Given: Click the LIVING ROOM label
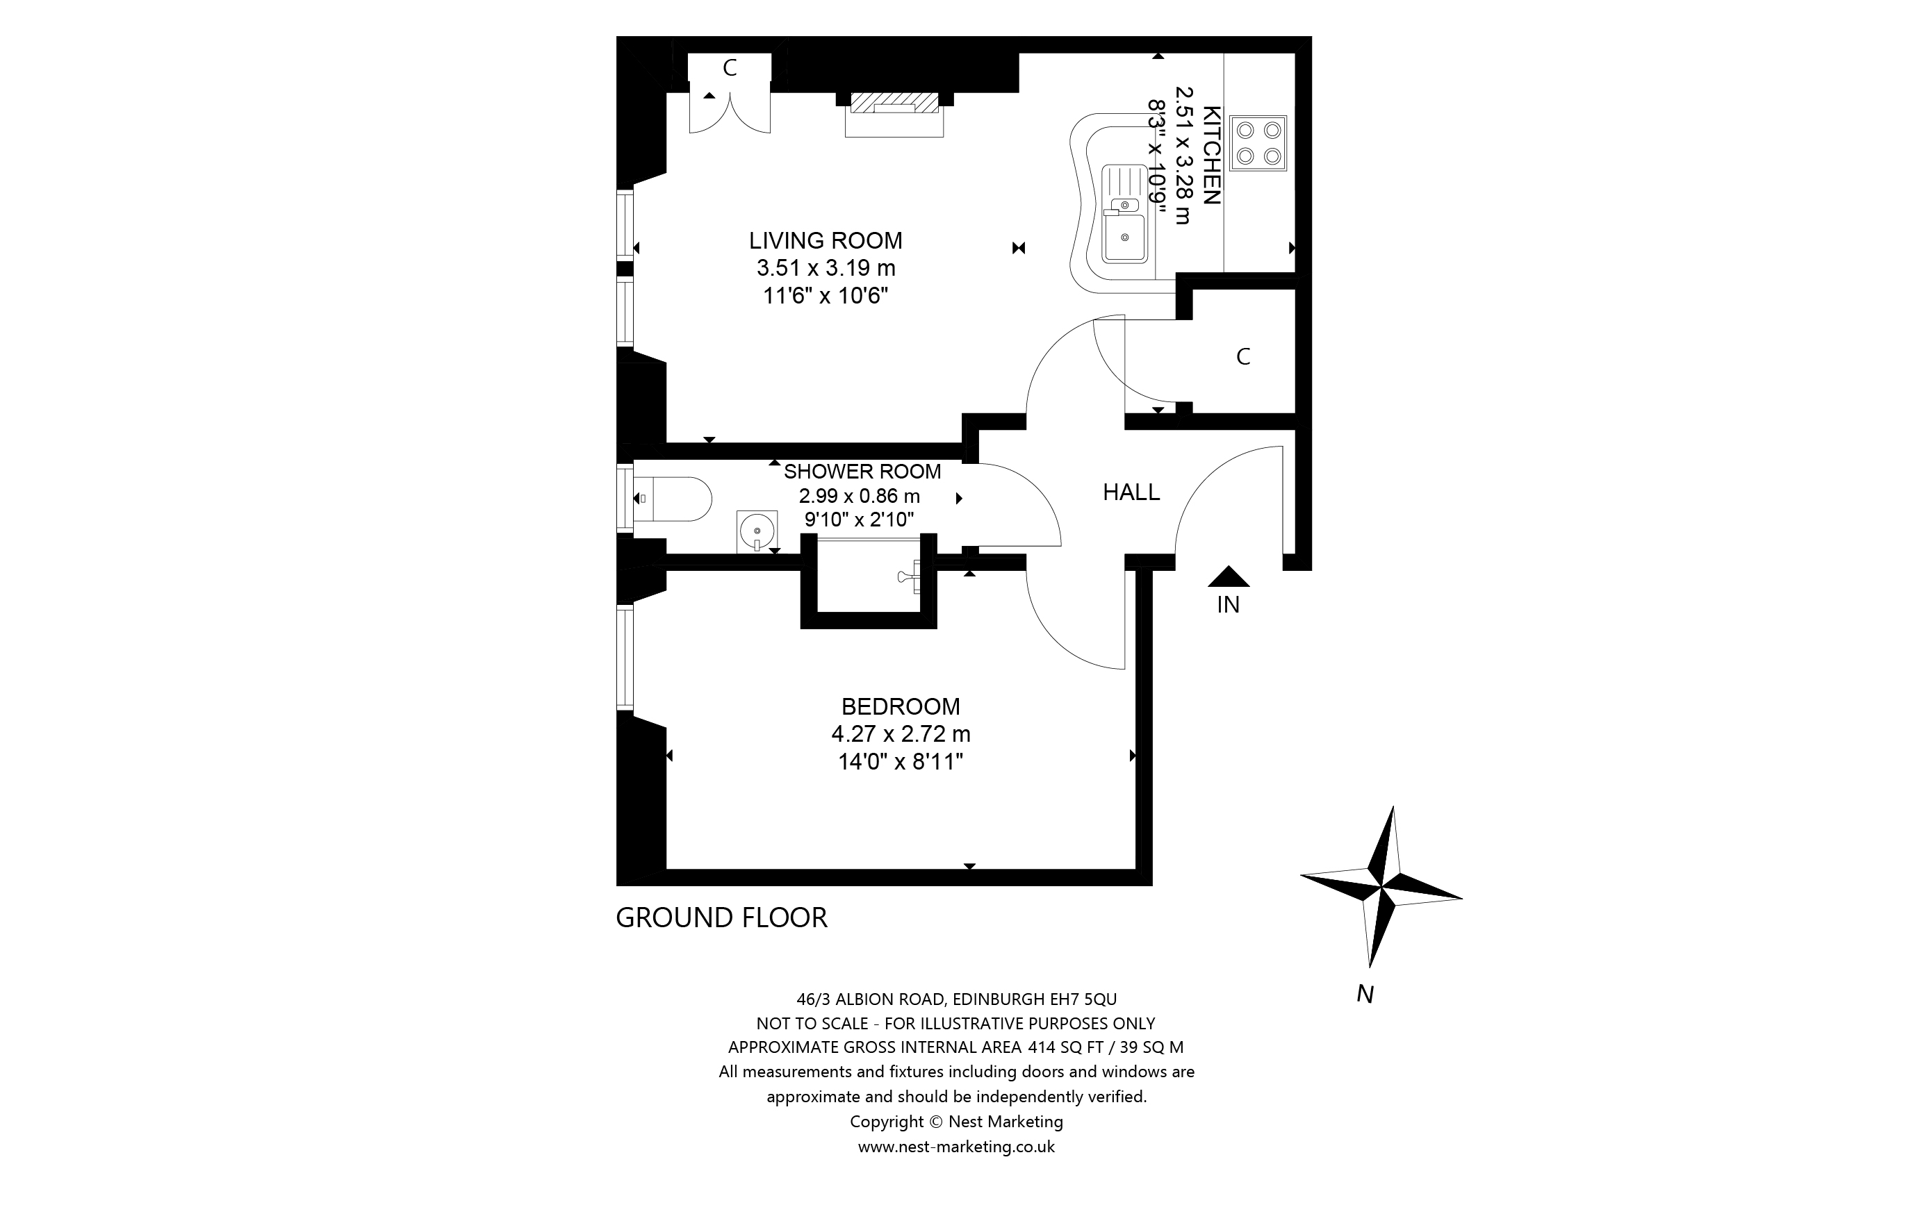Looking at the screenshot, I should click(825, 240).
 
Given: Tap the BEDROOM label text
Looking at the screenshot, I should click(901, 706).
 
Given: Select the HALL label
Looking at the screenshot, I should click(1131, 492).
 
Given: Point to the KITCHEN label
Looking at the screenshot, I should click(1210, 156).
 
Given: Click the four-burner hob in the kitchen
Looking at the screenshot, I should click(1258, 144).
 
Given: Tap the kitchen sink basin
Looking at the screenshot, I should click(1125, 237).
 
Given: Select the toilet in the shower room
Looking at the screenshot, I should click(673, 499).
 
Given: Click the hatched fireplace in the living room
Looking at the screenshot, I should click(894, 103).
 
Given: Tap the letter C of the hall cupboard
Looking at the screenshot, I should click(1242, 357).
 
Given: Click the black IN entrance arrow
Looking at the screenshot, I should click(1229, 577).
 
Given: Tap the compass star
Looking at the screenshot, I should click(1382, 886).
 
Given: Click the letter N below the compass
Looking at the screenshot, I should click(1365, 994).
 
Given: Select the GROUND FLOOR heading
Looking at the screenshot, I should click(721, 917).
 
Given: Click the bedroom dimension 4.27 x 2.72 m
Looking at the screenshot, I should click(901, 733).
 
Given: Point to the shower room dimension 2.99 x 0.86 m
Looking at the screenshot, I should click(860, 496).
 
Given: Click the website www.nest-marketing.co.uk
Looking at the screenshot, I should click(955, 1146).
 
